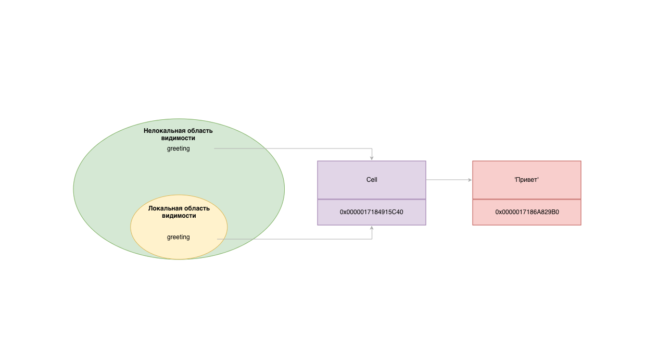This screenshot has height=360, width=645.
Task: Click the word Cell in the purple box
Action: click(x=372, y=180)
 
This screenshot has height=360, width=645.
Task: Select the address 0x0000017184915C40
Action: click(x=372, y=212)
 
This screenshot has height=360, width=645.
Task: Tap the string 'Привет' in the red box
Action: click(x=526, y=180)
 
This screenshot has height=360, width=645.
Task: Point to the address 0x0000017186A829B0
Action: click(x=527, y=212)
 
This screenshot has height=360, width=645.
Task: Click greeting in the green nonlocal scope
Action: click(x=178, y=148)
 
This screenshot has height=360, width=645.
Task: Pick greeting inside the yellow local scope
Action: click(x=178, y=237)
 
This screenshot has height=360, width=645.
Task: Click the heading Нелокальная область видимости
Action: click(x=178, y=134)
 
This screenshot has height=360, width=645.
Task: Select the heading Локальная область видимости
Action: click(x=179, y=212)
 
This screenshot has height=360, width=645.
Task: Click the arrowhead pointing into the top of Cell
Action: click(x=372, y=158)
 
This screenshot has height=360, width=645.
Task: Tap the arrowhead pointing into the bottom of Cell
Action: click(x=372, y=228)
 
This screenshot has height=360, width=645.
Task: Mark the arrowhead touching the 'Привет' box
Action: click(x=470, y=180)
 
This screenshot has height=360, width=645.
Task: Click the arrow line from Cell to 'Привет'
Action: click(x=448, y=180)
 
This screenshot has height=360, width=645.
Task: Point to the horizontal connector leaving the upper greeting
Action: click(x=292, y=148)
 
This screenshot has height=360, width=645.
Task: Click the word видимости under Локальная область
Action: click(x=179, y=216)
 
